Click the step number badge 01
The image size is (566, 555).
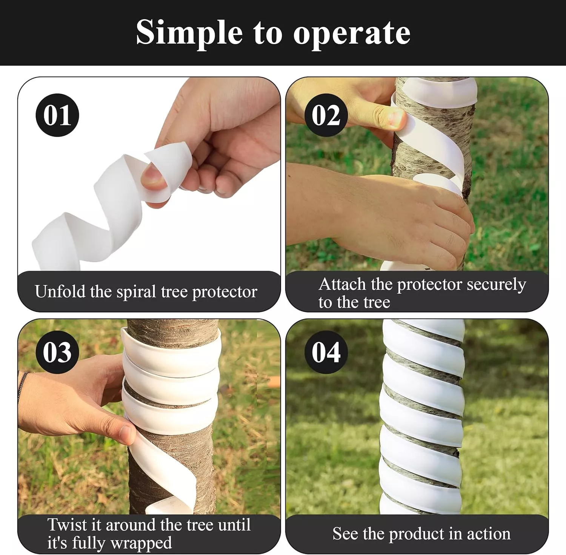(x=57, y=115)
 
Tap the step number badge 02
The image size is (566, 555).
(x=326, y=115)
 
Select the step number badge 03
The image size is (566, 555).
(x=57, y=352)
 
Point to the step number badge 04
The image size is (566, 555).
(x=326, y=352)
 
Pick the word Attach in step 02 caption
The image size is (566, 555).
(x=342, y=284)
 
